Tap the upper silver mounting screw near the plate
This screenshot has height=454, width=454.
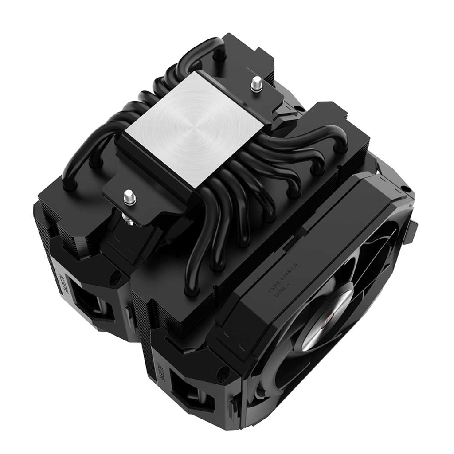pyautogui.click(x=256, y=84)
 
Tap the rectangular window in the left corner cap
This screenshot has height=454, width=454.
pyautogui.click(x=89, y=301)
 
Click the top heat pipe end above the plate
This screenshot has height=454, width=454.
pyautogui.click(x=218, y=55)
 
